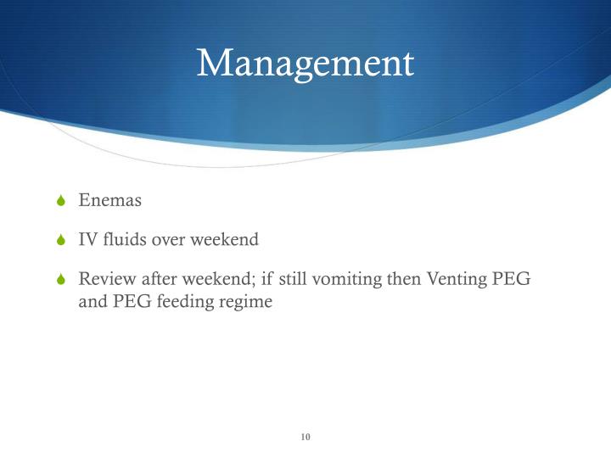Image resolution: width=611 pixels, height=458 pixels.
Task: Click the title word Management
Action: (305, 64)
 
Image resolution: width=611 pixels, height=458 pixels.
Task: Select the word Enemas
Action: (109, 201)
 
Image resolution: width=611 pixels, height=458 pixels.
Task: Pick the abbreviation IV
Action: (87, 240)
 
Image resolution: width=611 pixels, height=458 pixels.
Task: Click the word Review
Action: (105, 279)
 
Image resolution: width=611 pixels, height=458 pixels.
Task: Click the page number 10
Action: (305, 437)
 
